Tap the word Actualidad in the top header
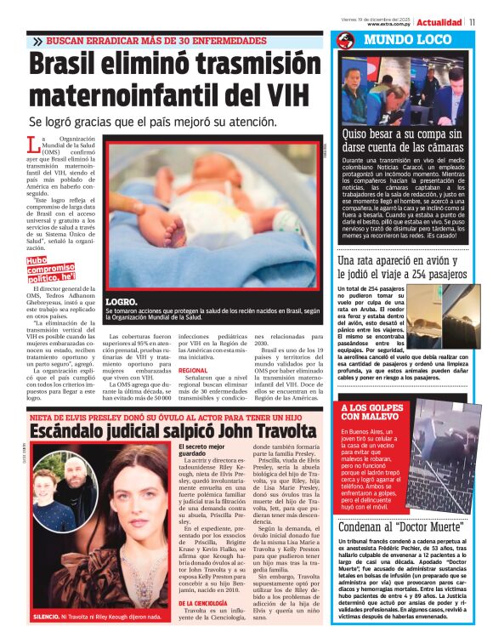click(x=439, y=21)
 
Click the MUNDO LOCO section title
click(x=397, y=40)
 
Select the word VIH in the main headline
click(x=281, y=93)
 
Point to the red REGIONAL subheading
click(x=193, y=371)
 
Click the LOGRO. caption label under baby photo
click(x=121, y=302)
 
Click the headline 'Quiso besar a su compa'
click(x=401, y=139)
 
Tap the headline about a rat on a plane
click(x=401, y=267)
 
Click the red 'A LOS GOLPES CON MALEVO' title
click(x=371, y=413)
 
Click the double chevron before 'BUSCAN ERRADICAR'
click(x=37, y=41)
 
